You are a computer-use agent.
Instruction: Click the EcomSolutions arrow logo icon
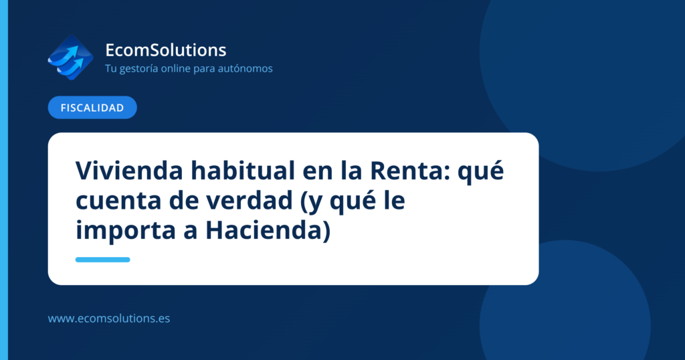click(70, 58)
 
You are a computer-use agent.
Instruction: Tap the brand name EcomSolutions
click(166, 50)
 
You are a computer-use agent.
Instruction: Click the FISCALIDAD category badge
click(92, 108)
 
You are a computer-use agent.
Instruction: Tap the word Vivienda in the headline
click(129, 171)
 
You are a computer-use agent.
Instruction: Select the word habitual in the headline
click(242, 171)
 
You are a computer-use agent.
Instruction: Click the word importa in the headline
click(125, 231)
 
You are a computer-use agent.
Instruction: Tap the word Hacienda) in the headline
click(268, 230)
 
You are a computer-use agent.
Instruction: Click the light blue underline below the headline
click(102, 260)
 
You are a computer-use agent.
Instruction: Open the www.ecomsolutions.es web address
click(109, 319)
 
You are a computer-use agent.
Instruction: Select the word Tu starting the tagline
click(110, 69)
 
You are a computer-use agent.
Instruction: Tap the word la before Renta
click(351, 171)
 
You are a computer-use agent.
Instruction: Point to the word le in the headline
click(395, 200)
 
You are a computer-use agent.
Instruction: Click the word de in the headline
click(181, 200)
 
